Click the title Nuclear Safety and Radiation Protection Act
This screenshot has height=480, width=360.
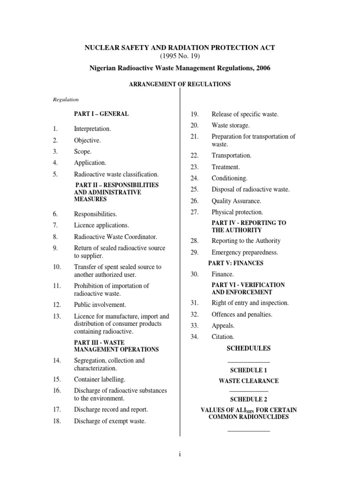pos(180,48)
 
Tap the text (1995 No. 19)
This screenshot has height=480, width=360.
pos(180,57)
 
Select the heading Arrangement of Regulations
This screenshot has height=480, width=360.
pos(180,84)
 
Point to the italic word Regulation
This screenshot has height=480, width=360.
pos(65,99)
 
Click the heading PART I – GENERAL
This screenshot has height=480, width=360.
pos(101,114)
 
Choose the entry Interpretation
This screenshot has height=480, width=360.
pos(92,128)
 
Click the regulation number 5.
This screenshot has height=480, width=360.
pos(55,174)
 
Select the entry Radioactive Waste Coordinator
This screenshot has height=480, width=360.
pos(115,237)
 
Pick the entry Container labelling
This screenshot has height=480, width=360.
pos(99,379)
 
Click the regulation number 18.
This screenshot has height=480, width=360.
pos(57,421)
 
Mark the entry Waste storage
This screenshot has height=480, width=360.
pos(230,125)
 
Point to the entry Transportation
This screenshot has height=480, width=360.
pos(231,156)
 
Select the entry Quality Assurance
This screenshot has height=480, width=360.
pos(236,201)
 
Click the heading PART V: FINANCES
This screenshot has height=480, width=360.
pos(236,263)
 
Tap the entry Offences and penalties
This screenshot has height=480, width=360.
pos(241,314)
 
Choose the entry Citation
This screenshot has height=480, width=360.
pos(223,337)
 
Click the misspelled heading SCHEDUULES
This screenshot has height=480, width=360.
pos(248,349)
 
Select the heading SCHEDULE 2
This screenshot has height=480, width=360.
pos(248,399)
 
